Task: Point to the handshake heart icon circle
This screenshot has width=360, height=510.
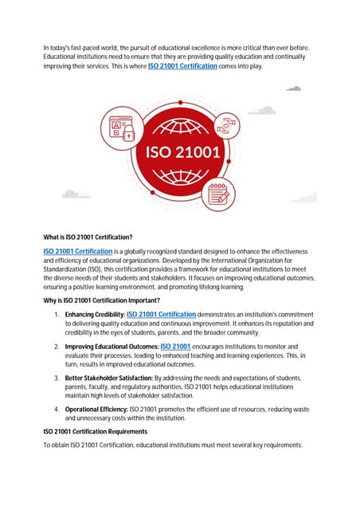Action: click(232, 125)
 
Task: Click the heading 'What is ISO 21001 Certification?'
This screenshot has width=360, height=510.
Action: click(88, 237)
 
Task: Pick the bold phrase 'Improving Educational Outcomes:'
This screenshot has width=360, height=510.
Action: click(112, 347)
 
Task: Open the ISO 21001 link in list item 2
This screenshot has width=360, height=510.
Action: click(175, 347)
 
